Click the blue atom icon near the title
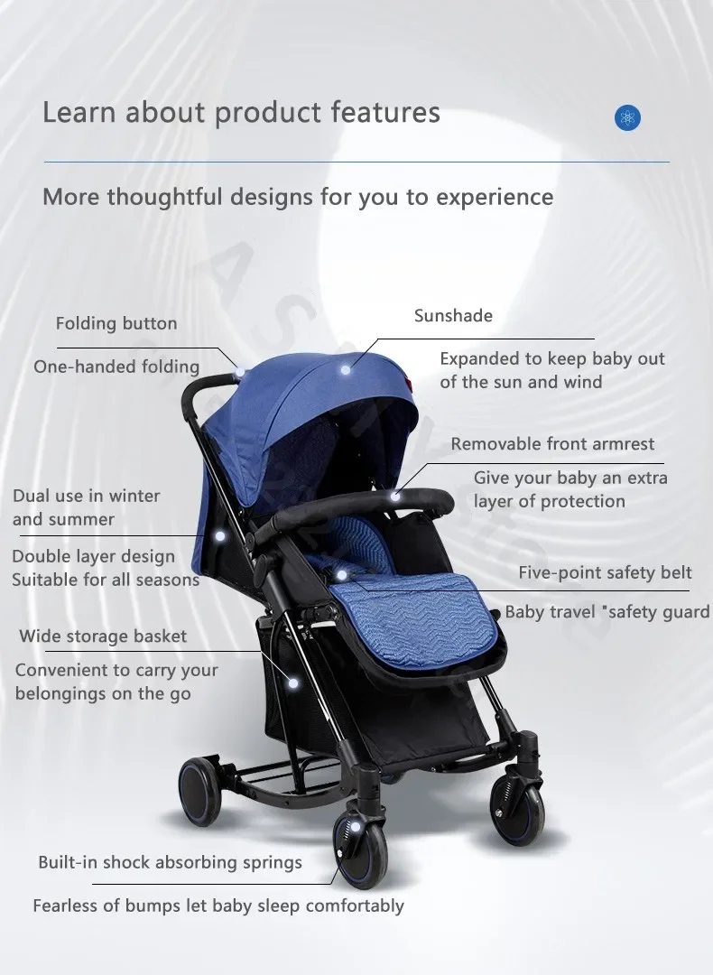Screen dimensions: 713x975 (627, 117)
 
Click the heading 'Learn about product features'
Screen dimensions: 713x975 (241, 113)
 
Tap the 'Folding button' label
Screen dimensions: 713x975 (116, 323)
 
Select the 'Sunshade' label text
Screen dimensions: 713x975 (453, 315)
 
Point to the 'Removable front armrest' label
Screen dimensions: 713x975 (552, 444)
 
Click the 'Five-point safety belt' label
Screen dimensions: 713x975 (605, 572)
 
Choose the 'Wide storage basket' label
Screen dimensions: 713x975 (103, 636)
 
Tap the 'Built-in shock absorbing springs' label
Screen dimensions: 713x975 (170, 862)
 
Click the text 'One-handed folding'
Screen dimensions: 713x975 (116, 367)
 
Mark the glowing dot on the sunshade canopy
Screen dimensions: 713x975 (346, 370)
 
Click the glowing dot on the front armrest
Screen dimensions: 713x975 (394, 497)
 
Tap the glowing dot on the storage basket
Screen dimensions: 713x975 (293, 683)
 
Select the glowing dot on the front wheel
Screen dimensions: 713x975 (355, 827)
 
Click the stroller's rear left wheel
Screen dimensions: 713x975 (200, 791)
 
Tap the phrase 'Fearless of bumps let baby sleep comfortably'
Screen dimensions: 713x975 (218, 906)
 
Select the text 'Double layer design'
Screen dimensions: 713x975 (93, 556)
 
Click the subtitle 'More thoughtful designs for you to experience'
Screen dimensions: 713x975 (298, 197)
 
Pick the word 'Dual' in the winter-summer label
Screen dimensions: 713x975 (31, 496)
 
